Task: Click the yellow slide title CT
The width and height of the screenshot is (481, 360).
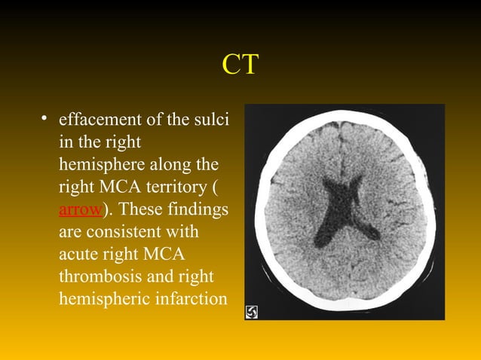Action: [240, 65]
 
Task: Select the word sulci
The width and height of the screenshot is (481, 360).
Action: [212, 120]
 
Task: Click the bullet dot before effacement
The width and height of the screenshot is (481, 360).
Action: [45, 119]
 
